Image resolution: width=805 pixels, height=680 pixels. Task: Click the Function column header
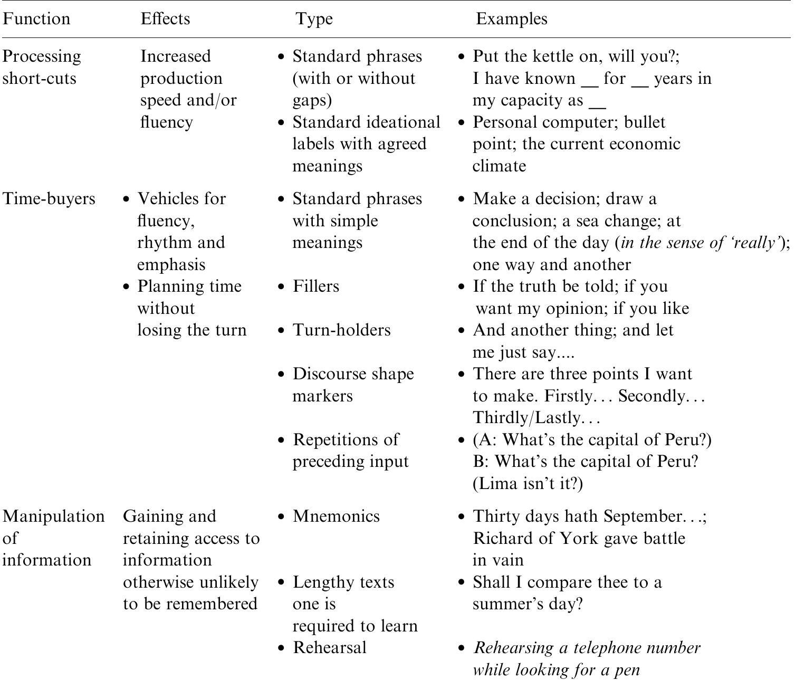tap(36, 19)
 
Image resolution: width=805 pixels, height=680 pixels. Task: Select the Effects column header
tap(165, 19)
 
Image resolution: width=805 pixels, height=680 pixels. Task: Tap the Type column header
tap(314, 19)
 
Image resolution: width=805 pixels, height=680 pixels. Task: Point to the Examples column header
tap(512, 19)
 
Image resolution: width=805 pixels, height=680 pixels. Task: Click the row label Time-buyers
tap(49, 199)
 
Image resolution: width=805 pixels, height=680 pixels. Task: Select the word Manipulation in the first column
tap(53, 516)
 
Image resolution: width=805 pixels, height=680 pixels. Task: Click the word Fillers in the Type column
tap(315, 286)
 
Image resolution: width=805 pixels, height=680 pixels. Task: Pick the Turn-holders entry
tap(341, 330)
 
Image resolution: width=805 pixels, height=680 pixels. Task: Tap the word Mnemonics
tap(336, 516)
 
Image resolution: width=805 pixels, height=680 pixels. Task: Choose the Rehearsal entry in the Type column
tap(329, 648)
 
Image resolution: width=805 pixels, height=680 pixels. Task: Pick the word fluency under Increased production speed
tap(166, 122)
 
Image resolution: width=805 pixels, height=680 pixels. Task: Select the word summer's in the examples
tap(507, 604)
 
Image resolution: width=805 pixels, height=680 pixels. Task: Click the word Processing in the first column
tap(42, 56)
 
